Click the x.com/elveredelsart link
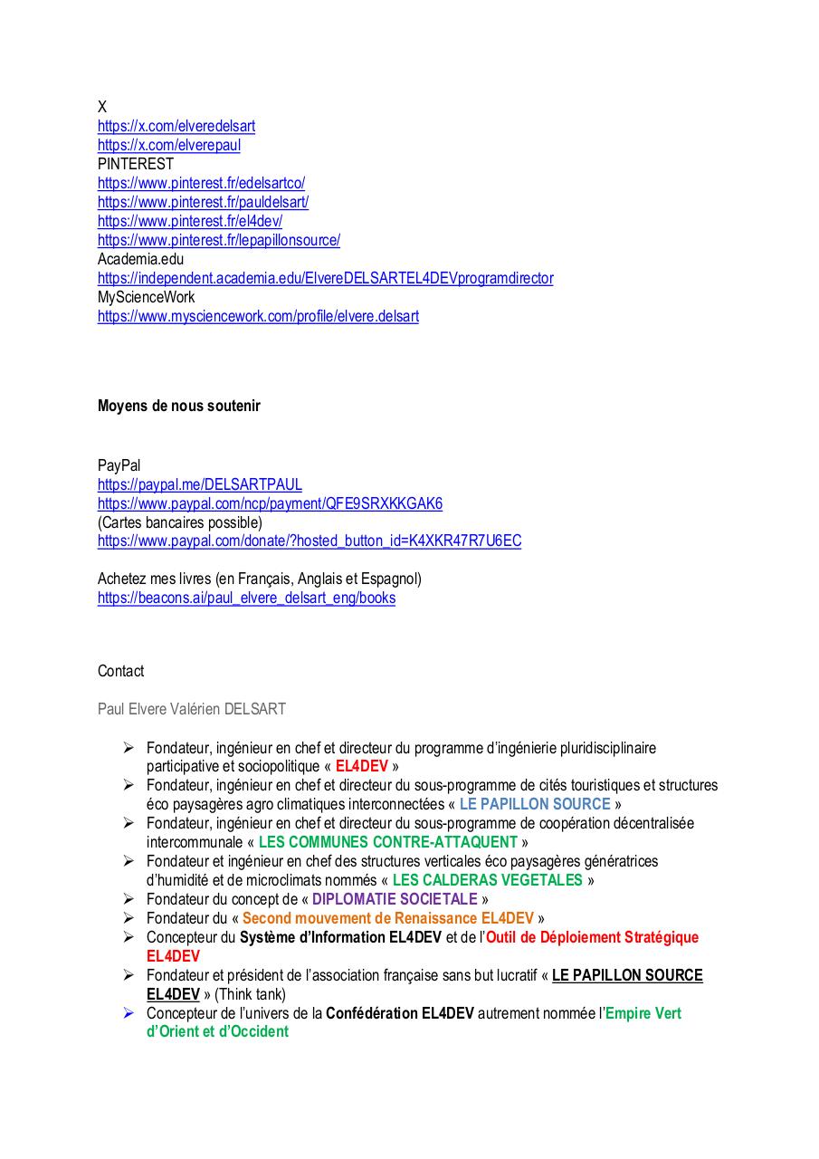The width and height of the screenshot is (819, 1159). click(176, 127)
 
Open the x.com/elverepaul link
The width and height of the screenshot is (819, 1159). click(169, 146)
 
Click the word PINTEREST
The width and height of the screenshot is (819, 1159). click(136, 165)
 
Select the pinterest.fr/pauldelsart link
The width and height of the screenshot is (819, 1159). click(203, 203)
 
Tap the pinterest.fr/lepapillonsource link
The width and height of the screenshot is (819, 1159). click(219, 241)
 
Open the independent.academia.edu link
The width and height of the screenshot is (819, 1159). click(325, 279)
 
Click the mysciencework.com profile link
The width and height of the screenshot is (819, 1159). click(258, 317)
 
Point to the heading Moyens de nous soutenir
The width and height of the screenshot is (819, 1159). click(179, 406)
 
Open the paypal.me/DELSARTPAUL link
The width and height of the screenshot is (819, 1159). click(200, 485)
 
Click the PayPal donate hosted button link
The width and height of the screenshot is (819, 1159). click(310, 541)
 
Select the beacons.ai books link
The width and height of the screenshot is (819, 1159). click(246, 599)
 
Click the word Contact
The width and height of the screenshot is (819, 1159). click(120, 671)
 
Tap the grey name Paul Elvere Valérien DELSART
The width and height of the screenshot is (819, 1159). click(192, 709)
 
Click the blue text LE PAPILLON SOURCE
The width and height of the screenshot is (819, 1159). click(535, 804)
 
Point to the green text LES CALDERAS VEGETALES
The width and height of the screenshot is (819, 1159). click(488, 880)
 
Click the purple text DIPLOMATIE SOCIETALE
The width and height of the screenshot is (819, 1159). click(395, 899)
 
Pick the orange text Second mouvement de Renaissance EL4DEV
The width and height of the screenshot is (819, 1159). click(388, 918)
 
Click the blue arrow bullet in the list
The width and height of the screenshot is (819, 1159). click(129, 1013)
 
